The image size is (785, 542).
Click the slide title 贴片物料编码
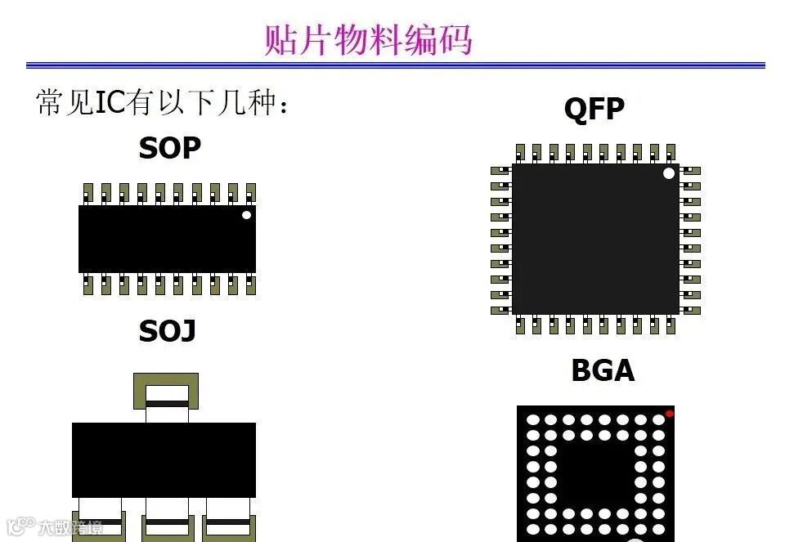click(x=368, y=39)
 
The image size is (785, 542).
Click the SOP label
click(x=169, y=148)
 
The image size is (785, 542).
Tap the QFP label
click(x=594, y=109)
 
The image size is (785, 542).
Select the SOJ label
click(x=167, y=331)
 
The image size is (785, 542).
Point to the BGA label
click(x=602, y=370)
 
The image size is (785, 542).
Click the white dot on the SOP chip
click(x=246, y=215)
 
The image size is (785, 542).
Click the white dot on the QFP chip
click(x=669, y=173)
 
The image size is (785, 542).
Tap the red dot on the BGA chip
click(x=669, y=414)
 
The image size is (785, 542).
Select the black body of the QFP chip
click(x=594, y=239)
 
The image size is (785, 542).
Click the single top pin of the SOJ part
click(x=166, y=392)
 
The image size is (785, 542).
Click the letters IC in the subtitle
click(x=110, y=104)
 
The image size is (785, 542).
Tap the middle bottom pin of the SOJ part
click(x=168, y=523)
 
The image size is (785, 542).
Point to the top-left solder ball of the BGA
click(x=532, y=420)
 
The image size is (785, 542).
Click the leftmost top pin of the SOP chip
click(x=87, y=193)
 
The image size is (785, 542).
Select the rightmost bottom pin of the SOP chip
click(x=250, y=284)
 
